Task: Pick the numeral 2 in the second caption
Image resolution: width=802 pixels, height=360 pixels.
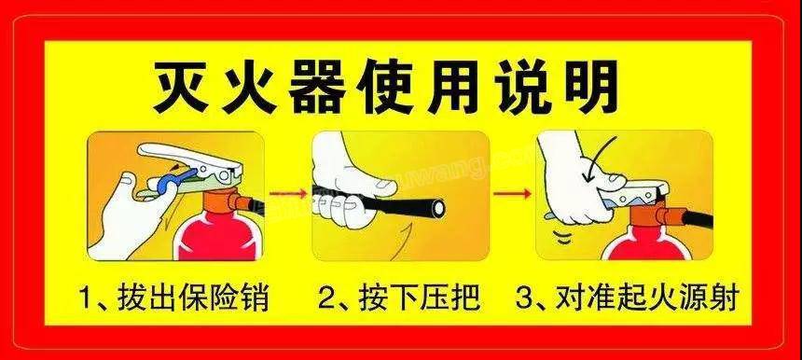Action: pyautogui.click(x=326, y=298)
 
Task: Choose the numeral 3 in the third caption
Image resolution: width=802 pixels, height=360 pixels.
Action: pyautogui.click(x=524, y=298)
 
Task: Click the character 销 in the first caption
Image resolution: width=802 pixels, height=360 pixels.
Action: pyautogui.click(x=255, y=298)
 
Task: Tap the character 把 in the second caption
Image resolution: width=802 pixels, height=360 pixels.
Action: pyautogui.click(x=465, y=298)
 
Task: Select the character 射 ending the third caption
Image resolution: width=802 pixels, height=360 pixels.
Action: pyautogui.click(x=723, y=298)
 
